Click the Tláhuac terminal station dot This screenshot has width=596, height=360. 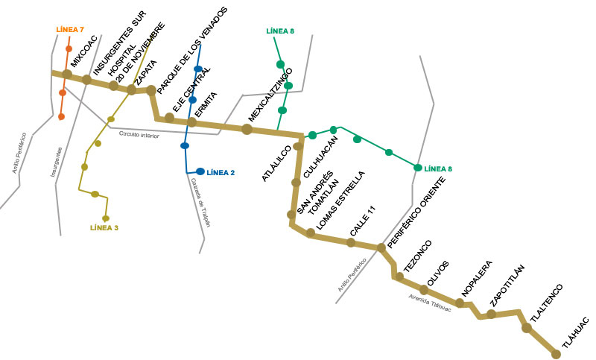click(556, 353)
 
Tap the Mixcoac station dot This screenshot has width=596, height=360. click(67, 74)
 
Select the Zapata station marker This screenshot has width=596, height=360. click(132, 89)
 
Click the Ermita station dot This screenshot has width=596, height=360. click(191, 121)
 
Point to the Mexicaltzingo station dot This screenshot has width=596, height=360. click(247, 129)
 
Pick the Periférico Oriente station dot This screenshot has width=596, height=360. click(381, 247)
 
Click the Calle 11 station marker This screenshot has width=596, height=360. click(351, 242)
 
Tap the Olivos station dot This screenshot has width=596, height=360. click(424, 289)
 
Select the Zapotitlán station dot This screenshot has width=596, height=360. click(491, 314)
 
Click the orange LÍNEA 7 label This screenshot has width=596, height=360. click(71, 30)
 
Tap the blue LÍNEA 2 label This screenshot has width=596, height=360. click(221, 172)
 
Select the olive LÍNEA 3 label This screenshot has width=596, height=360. click(104, 227)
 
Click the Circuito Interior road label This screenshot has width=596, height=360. click(139, 134)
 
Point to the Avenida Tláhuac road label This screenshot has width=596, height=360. click(430, 302)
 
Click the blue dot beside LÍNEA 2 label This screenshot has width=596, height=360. click(200, 171)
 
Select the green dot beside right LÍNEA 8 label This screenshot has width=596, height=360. click(418, 168)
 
